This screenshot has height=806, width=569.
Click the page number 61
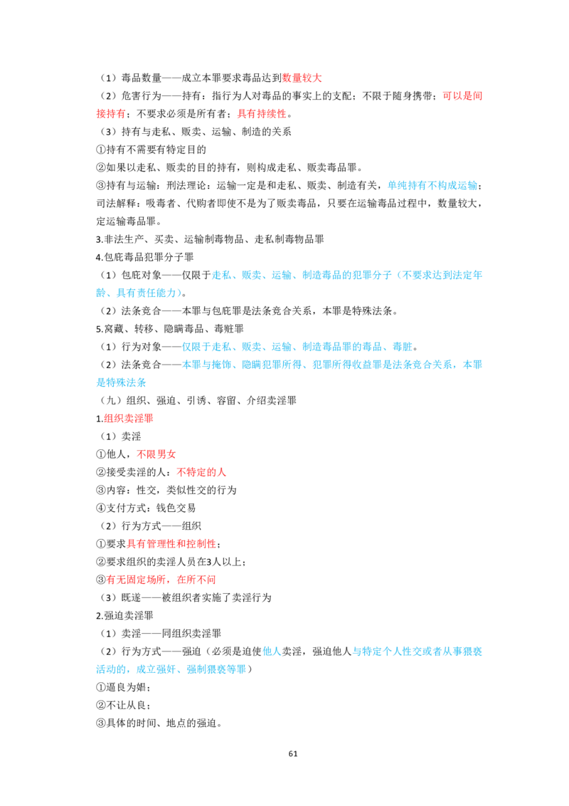click(x=293, y=753)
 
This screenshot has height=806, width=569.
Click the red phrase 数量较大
click(x=302, y=78)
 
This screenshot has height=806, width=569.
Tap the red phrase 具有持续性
click(x=262, y=114)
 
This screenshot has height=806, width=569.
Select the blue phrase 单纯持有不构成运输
click(x=432, y=186)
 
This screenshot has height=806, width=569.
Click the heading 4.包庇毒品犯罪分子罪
click(x=145, y=257)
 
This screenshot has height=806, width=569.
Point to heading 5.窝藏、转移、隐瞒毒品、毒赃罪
click(x=170, y=329)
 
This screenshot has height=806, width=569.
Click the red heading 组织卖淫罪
click(x=129, y=419)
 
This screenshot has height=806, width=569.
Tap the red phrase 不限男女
click(x=156, y=454)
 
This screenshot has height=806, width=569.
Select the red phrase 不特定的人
click(x=201, y=472)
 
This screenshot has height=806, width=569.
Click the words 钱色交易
click(x=176, y=508)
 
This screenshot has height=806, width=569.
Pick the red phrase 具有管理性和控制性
click(x=171, y=544)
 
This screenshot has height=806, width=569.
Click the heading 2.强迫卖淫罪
click(x=124, y=616)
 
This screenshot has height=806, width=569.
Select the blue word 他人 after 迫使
click(x=272, y=651)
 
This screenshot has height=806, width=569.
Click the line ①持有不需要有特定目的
click(x=151, y=150)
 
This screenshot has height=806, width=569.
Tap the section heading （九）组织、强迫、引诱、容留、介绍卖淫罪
click(x=197, y=400)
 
